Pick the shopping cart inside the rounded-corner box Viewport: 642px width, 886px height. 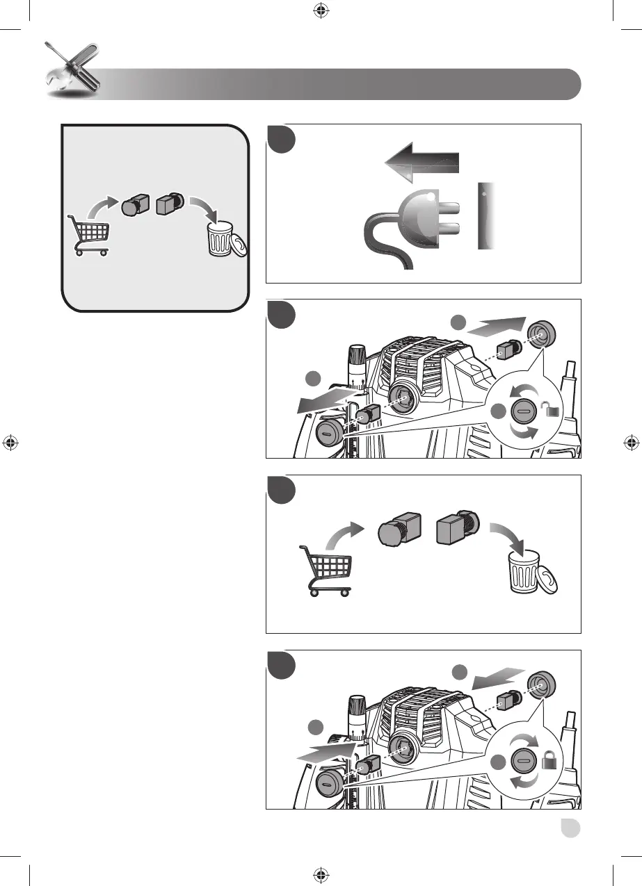88,233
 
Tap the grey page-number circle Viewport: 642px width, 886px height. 572,830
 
